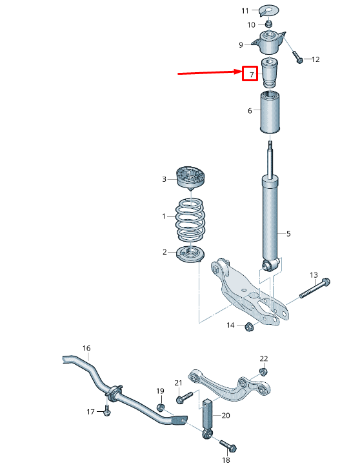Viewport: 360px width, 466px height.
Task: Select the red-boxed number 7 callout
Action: (250, 73)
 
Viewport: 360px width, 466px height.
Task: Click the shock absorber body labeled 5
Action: (271, 219)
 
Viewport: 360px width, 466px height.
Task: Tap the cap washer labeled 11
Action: (268, 10)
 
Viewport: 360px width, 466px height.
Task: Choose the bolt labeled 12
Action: (298, 58)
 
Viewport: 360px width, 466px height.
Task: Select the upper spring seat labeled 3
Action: (191, 179)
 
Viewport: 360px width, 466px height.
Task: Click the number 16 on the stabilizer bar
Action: (86, 349)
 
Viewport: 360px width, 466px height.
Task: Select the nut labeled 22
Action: (263, 371)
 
